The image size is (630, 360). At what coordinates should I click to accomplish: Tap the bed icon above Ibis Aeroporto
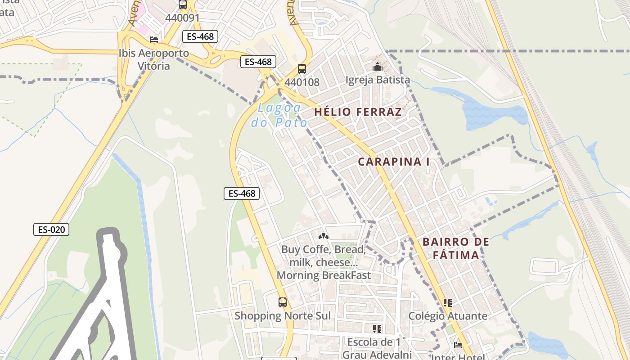coord(154,40)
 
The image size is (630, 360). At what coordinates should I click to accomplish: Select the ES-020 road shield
coord(52,229)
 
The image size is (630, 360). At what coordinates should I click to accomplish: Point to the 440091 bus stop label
coord(182,18)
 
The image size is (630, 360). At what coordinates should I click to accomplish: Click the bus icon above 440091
coord(183,5)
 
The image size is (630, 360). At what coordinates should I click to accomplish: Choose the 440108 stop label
coord(302,82)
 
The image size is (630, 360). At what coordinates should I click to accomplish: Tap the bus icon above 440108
coord(302,69)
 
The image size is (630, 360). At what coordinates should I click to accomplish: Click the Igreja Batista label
coord(378,80)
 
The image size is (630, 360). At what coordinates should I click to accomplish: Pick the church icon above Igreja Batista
coord(377,67)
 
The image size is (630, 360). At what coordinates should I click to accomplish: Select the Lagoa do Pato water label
coord(279,115)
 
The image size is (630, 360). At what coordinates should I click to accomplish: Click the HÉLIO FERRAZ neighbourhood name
coord(358,112)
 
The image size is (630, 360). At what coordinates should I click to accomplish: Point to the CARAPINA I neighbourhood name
coord(394,162)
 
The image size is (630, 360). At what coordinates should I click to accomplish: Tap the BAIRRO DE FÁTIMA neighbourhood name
coord(455,248)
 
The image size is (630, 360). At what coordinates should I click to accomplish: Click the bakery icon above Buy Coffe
coord(323,236)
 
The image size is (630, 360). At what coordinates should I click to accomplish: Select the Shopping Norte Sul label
coord(283,316)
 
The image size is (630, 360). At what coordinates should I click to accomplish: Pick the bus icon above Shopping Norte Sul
coord(283,302)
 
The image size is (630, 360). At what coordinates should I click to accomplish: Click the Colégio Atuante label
coord(448,316)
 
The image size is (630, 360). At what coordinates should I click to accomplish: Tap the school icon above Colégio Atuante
coord(447,302)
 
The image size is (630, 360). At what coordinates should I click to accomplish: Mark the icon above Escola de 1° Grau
coord(377,329)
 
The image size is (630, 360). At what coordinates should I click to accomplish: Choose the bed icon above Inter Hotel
coord(458,345)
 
